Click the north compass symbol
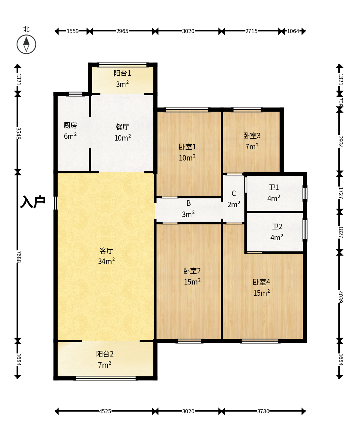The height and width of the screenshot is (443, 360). point(26,44)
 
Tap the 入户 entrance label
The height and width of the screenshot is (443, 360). point(33,202)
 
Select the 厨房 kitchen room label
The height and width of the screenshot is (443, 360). point(70,125)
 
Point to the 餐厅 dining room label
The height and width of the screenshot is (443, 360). point(122,127)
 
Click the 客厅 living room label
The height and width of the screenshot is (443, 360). point(106,251)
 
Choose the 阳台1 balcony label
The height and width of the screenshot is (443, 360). point(122,73)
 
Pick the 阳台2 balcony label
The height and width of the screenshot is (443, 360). point(105,354)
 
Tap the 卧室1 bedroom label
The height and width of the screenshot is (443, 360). point(187,147)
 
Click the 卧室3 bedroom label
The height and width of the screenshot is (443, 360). point(252,136)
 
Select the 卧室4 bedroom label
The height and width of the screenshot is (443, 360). point(261,282)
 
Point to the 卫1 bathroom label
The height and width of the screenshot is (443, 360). point(274,188)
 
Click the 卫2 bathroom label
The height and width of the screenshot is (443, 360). point(277,226)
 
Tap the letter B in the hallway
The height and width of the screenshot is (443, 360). point(189,203)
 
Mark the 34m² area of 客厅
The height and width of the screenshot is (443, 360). point(106,261)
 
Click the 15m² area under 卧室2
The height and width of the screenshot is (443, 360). point(192,281)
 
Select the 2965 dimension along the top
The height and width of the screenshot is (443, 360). point(122,31)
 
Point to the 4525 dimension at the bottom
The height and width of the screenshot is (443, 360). point(105,411)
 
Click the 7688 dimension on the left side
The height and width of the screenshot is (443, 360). point(19,257)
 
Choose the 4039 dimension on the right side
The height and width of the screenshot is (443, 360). point(341,297)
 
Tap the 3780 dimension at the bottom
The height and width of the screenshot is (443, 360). point(263,411)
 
